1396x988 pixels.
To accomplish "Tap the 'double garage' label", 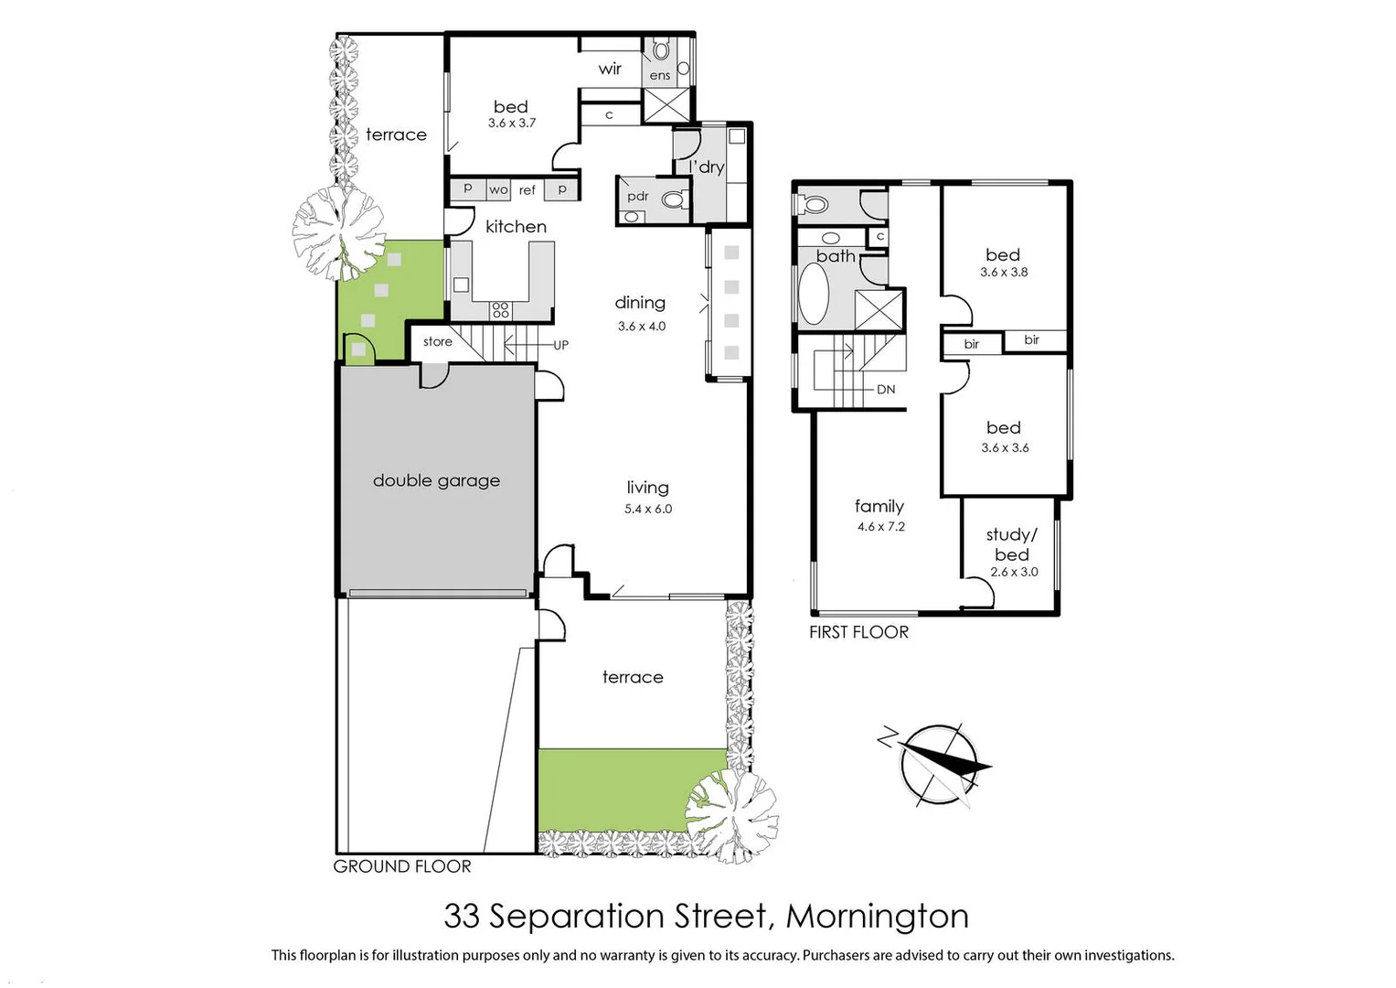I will tap(436, 480).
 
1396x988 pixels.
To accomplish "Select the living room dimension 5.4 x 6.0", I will tap(648, 510).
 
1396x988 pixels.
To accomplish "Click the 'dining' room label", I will tap(640, 303).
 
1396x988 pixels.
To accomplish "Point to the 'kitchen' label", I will tap(516, 227).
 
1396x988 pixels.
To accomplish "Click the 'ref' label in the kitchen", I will tap(527, 190).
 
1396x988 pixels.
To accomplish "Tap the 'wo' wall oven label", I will tap(498, 190).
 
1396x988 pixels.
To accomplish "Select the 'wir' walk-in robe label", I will tap(610, 69).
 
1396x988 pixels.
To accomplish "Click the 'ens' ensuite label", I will tap(660, 75).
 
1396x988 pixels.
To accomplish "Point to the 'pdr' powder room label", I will tap(638, 197).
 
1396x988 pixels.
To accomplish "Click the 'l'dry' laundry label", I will tap(707, 166).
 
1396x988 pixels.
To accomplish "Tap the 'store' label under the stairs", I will tap(438, 341).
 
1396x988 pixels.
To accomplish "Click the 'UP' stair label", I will tap(560, 345).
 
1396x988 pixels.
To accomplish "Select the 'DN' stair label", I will tap(886, 389).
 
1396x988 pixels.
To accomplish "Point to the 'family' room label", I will tap(879, 506).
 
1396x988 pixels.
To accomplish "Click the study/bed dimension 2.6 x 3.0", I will tap(1014, 572).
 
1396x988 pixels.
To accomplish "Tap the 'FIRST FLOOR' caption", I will tap(858, 632).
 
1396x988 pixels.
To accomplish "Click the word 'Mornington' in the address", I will tap(877, 916).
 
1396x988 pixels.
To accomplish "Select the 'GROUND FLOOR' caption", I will tap(402, 866).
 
